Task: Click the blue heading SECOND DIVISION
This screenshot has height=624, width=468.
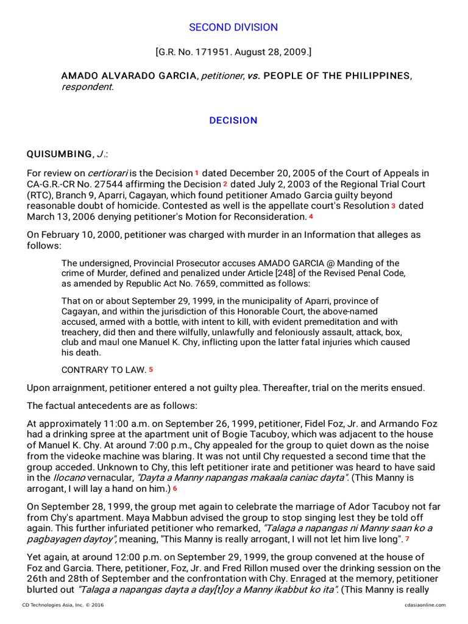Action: (233, 27)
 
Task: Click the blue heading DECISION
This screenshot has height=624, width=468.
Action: (233, 121)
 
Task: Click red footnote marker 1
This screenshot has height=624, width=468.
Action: (197, 173)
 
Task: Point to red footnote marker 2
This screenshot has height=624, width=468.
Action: (225, 184)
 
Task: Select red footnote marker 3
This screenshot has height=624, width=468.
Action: (394, 206)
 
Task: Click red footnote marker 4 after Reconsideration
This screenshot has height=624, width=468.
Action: (311, 216)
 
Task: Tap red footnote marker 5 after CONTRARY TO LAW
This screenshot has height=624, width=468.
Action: (151, 369)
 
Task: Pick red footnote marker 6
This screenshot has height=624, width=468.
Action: (175, 489)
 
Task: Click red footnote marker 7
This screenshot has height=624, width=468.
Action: (408, 539)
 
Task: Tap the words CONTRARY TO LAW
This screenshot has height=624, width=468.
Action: (104, 370)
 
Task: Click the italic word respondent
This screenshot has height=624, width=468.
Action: (86, 87)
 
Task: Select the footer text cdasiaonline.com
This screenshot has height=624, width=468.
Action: (425, 604)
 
